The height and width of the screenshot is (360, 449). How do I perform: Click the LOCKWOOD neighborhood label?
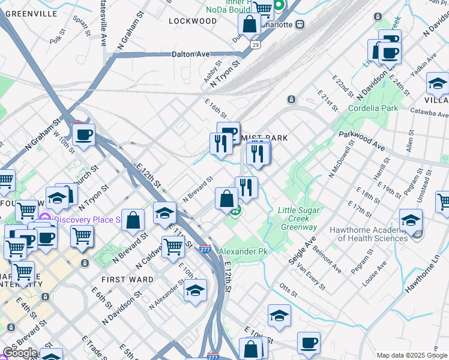point(192,21)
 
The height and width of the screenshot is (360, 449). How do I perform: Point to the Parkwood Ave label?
point(362,142)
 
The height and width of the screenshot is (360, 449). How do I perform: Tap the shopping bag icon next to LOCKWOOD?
point(249,25)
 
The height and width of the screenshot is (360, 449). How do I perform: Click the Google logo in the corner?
point(19,353)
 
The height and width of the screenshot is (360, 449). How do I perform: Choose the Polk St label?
point(57,39)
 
